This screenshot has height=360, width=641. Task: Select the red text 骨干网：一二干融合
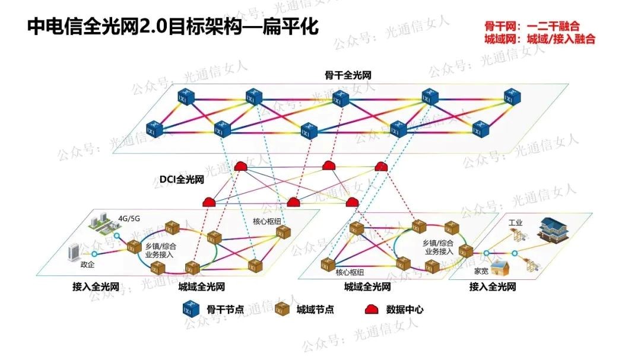tap(532, 26)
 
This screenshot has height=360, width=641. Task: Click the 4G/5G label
tap(129, 218)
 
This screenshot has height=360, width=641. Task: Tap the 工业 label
tap(515, 222)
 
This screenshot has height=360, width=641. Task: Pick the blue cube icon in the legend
tap(189, 309)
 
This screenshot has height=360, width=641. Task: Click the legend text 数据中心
tap(405, 309)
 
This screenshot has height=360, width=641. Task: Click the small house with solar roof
tap(500, 268)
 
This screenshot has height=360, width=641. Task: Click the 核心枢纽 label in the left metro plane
tap(266, 222)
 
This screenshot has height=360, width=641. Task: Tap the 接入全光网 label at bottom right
tap(492, 287)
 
